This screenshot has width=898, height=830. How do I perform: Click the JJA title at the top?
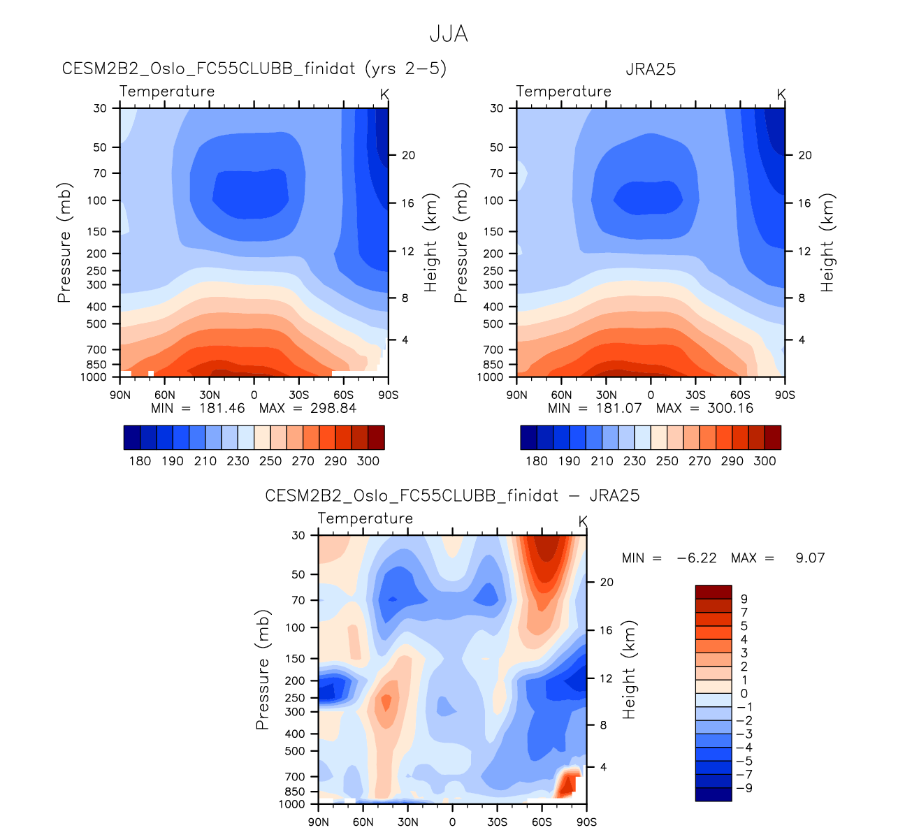(448, 34)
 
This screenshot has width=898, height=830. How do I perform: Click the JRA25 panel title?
(650, 69)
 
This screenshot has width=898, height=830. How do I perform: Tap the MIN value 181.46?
(222, 408)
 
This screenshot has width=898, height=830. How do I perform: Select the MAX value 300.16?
(730, 408)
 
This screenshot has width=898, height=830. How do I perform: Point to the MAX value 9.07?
(810, 558)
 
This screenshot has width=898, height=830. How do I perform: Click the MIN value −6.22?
(697, 558)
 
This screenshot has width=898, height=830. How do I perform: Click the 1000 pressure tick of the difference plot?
(291, 804)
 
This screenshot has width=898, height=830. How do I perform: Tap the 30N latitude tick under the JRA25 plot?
(606, 395)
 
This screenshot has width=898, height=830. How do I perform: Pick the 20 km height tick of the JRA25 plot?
(805, 155)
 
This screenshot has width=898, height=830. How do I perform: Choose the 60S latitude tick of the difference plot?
(542, 822)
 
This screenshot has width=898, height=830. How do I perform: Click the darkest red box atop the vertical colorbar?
(713, 592)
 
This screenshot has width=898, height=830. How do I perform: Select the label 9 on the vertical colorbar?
(744, 599)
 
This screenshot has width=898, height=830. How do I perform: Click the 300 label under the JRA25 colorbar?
(765, 461)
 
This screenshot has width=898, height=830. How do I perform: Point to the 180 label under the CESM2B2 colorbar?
(140, 461)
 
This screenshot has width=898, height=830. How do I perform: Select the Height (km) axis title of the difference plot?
(630, 669)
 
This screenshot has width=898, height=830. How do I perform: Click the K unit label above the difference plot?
(583, 522)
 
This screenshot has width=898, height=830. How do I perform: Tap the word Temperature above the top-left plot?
(167, 92)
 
